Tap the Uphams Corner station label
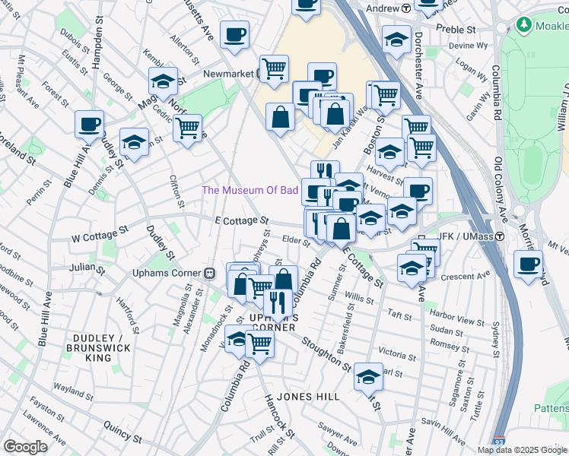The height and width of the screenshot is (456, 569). pos(167,273)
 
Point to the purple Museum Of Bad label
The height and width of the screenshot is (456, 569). pos(249,190)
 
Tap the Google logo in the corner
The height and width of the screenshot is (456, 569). pos(24,447)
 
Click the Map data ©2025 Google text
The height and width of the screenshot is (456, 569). pos(522,450)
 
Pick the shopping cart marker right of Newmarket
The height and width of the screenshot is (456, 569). pos(274,69)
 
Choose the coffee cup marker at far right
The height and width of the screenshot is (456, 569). pos(528,264)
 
